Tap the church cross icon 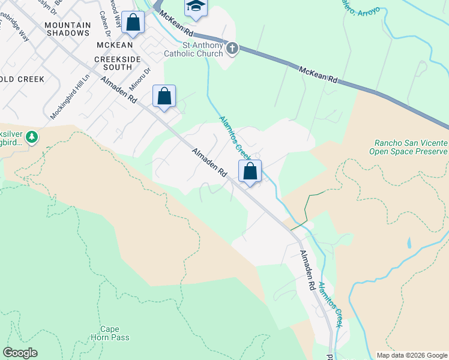coord(232,48)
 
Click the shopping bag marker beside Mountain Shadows coord(133,23)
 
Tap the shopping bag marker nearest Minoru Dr coord(164,97)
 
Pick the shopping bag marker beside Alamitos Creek coord(250,172)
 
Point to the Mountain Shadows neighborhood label coord(67,29)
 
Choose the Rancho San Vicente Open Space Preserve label coord(411,148)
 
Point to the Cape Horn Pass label coord(113,333)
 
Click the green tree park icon coord(31,138)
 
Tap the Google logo coord(20,353)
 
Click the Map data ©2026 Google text coord(411,355)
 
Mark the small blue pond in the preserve coord(408,243)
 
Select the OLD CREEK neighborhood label coord(23,79)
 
